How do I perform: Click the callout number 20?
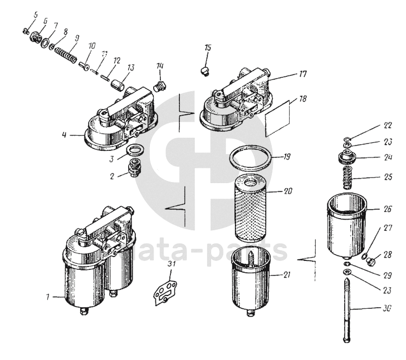[288, 190]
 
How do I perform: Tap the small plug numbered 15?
[204, 70]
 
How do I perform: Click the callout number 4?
[65, 134]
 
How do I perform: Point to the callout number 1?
[48, 298]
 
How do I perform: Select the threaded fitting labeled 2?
[134, 167]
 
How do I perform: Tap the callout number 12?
[116, 60]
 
